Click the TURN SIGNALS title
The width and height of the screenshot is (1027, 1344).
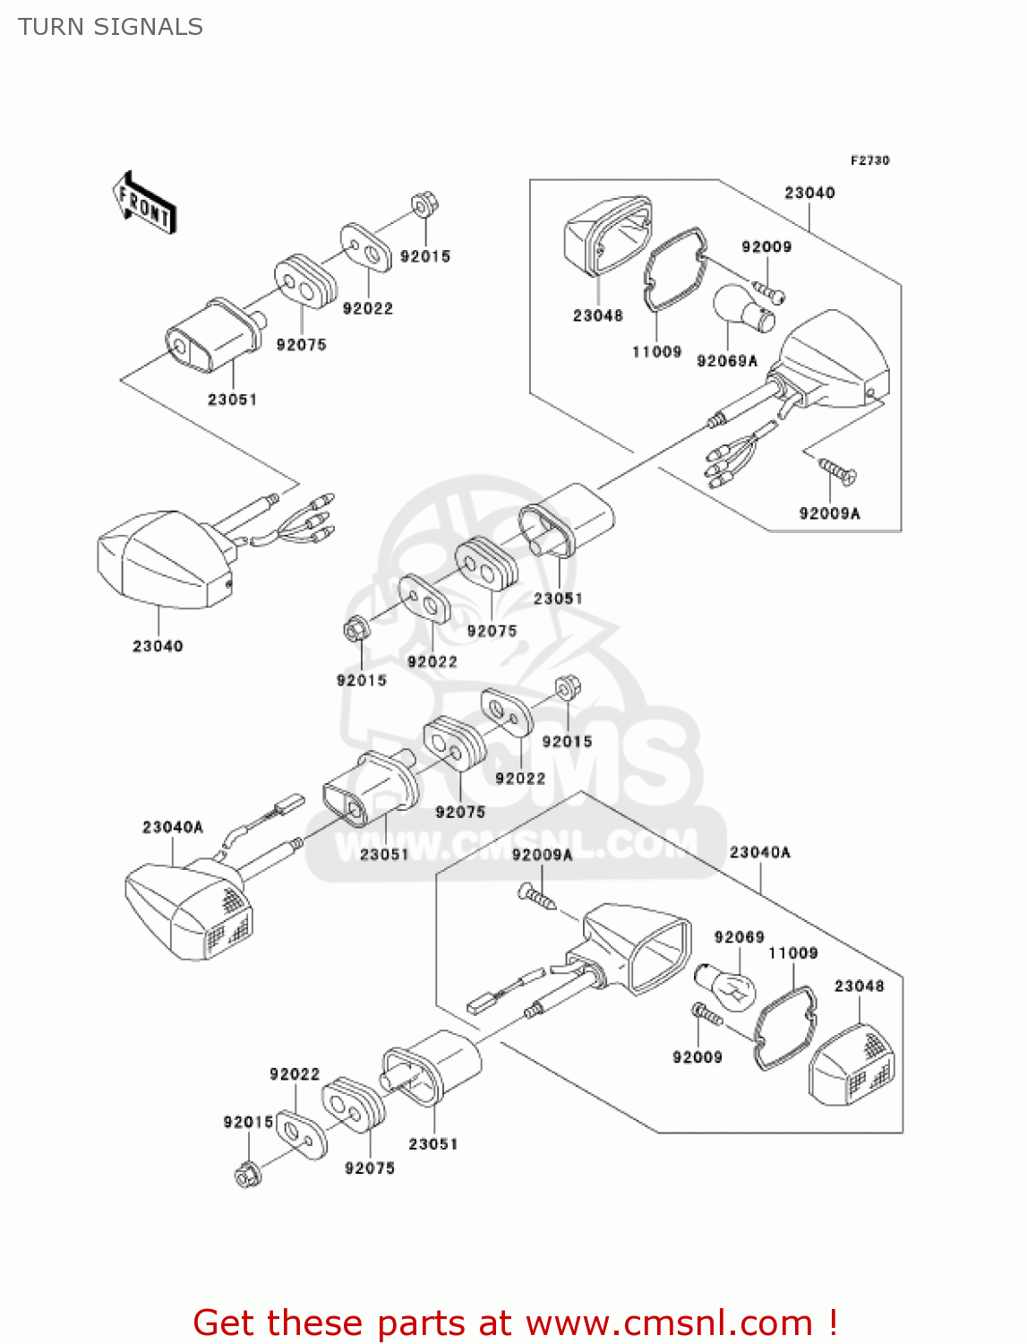point(110,27)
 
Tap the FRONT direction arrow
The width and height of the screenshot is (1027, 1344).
point(143,204)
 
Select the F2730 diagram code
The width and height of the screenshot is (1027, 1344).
point(869,160)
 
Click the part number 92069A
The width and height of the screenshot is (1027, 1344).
point(726,360)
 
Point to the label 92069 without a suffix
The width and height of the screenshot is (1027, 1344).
point(739,937)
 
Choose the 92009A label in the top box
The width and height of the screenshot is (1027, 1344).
point(829,513)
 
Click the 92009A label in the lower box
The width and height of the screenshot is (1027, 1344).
point(542,855)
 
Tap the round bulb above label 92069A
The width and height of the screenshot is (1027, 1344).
point(743,309)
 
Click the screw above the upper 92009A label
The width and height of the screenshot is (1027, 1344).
point(836,469)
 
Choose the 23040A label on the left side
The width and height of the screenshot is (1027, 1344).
point(172,827)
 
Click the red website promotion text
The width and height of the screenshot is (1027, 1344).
point(515,1322)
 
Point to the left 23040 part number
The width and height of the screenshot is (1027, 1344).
point(158,646)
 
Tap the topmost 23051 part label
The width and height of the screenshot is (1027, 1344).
point(232,400)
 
